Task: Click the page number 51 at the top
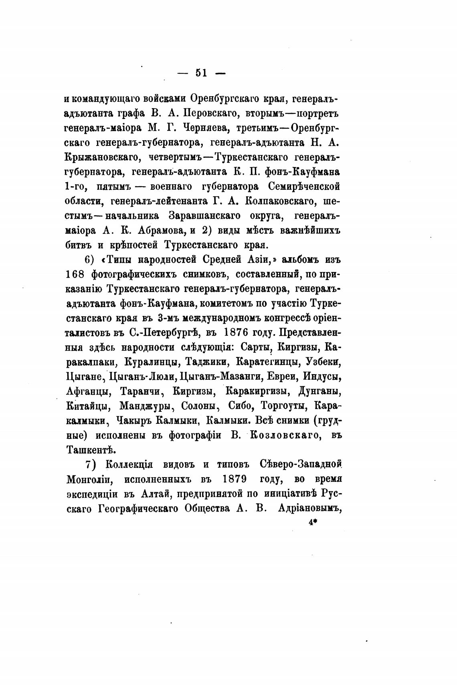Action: (201, 73)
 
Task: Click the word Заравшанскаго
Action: (204, 216)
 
